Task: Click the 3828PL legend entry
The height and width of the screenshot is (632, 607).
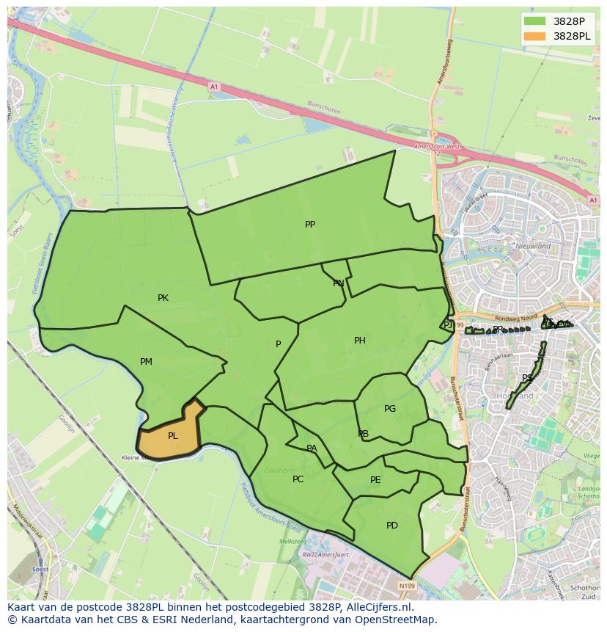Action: (x=572, y=36)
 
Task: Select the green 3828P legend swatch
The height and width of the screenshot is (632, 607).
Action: (x=535, y=21)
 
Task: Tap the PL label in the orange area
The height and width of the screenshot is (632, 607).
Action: (x=172, y=436)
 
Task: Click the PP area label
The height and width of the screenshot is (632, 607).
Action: (x=310, y=225)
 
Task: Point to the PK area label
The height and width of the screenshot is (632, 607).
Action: (x=163, y=298)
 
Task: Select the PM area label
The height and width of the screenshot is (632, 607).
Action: (x=146, y=362)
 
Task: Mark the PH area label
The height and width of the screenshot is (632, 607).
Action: (x=359, y=341)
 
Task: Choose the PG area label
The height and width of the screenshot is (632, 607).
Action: (x=389, y=409)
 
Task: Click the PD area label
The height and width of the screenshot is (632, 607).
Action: (x=391, y=526)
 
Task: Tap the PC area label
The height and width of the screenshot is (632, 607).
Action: (x=298, y=479)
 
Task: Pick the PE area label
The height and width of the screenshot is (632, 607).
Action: (x=375, y=481)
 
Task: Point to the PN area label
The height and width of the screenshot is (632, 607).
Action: (x=338, y=283)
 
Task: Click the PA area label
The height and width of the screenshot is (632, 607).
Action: (x=312, y=448)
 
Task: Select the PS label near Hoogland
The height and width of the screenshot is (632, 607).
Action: (x=526, y=379)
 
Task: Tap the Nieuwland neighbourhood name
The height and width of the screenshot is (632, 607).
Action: (x=533, y=247)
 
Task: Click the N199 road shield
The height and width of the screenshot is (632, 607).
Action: (x=407, y=586)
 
